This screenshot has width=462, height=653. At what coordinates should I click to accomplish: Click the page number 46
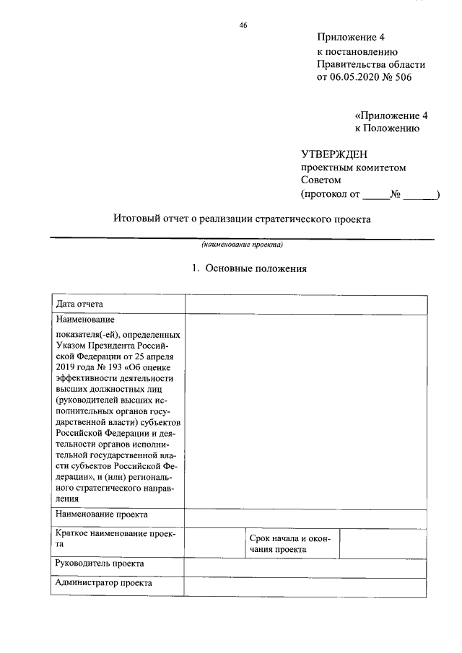(x=243, y=26)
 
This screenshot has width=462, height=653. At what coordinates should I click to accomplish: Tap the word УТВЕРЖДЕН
(x=334, y=154)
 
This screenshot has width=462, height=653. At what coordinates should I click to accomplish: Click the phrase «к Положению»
(x=387, y=128)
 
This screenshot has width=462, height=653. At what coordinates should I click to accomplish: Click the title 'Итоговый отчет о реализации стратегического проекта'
(x=242, y=219)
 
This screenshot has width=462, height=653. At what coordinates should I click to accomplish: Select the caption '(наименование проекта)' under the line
(x=242, y=245)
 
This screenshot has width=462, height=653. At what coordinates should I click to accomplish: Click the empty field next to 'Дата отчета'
(x=308, y=304)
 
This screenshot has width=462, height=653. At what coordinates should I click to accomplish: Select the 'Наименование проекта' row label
(x=102, y=514)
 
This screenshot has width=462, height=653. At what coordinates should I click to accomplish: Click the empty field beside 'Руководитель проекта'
(x=308, y=567)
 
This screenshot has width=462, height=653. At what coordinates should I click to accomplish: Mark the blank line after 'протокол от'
(x=374, y=194)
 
